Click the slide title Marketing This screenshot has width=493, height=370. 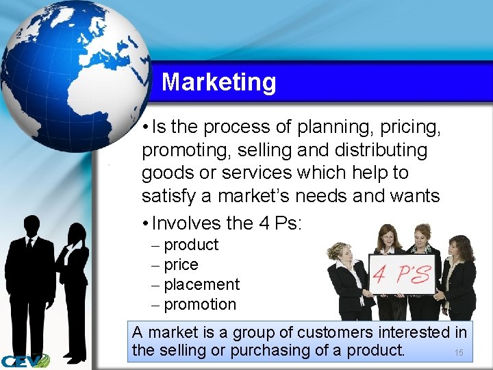click(x=218, y=82)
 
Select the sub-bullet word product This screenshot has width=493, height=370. click(x=191, y=245)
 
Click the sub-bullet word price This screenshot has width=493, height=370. click(x=181, y=264)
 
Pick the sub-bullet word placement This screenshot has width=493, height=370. click(x=201, y=284)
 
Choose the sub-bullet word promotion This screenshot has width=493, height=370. click(x=200, y=304)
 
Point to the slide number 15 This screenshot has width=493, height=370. click(x=459, y=353)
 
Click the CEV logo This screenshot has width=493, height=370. click(x=25, y=360)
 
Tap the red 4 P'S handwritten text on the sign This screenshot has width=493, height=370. click(x=402, y=275)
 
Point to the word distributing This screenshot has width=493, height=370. click(x=387, y=149)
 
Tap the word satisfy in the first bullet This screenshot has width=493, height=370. click(x=170, y=196)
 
